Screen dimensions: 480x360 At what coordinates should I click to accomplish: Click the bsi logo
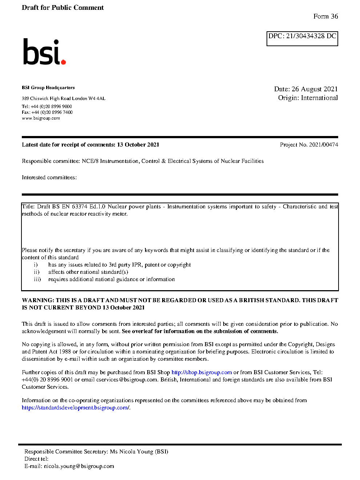[x=44, y=52]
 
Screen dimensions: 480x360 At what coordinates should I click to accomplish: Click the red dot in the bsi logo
[x=64, y=62]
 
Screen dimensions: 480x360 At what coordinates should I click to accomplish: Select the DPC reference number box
[x=302, y=39]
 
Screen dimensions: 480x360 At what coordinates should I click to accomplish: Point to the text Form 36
[x=325, y=16]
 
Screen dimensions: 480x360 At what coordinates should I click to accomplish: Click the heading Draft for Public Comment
[x=63, y=8]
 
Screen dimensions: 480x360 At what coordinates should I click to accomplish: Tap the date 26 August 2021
[x=315, y=89]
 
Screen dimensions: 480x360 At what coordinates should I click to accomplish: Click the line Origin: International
[x=308, y=98]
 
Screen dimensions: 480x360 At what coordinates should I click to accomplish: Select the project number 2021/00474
[x=323, y=145]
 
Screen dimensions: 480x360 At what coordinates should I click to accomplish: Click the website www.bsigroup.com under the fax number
[x=41, y=118]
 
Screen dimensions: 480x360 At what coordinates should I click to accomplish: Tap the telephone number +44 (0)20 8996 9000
[x=51, y=107]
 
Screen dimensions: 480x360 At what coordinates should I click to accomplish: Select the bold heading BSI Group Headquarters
[x=48, y=88]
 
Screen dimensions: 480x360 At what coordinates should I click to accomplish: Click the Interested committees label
[x=49, y=177]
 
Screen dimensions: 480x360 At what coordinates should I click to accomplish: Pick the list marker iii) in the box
[x=37, y=279]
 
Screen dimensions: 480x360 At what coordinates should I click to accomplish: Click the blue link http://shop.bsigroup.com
[x=201, y=372]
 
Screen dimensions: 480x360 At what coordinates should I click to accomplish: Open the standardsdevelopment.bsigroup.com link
[x=75, y=408]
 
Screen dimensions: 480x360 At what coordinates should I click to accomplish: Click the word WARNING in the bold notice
[x=38, y=300]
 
